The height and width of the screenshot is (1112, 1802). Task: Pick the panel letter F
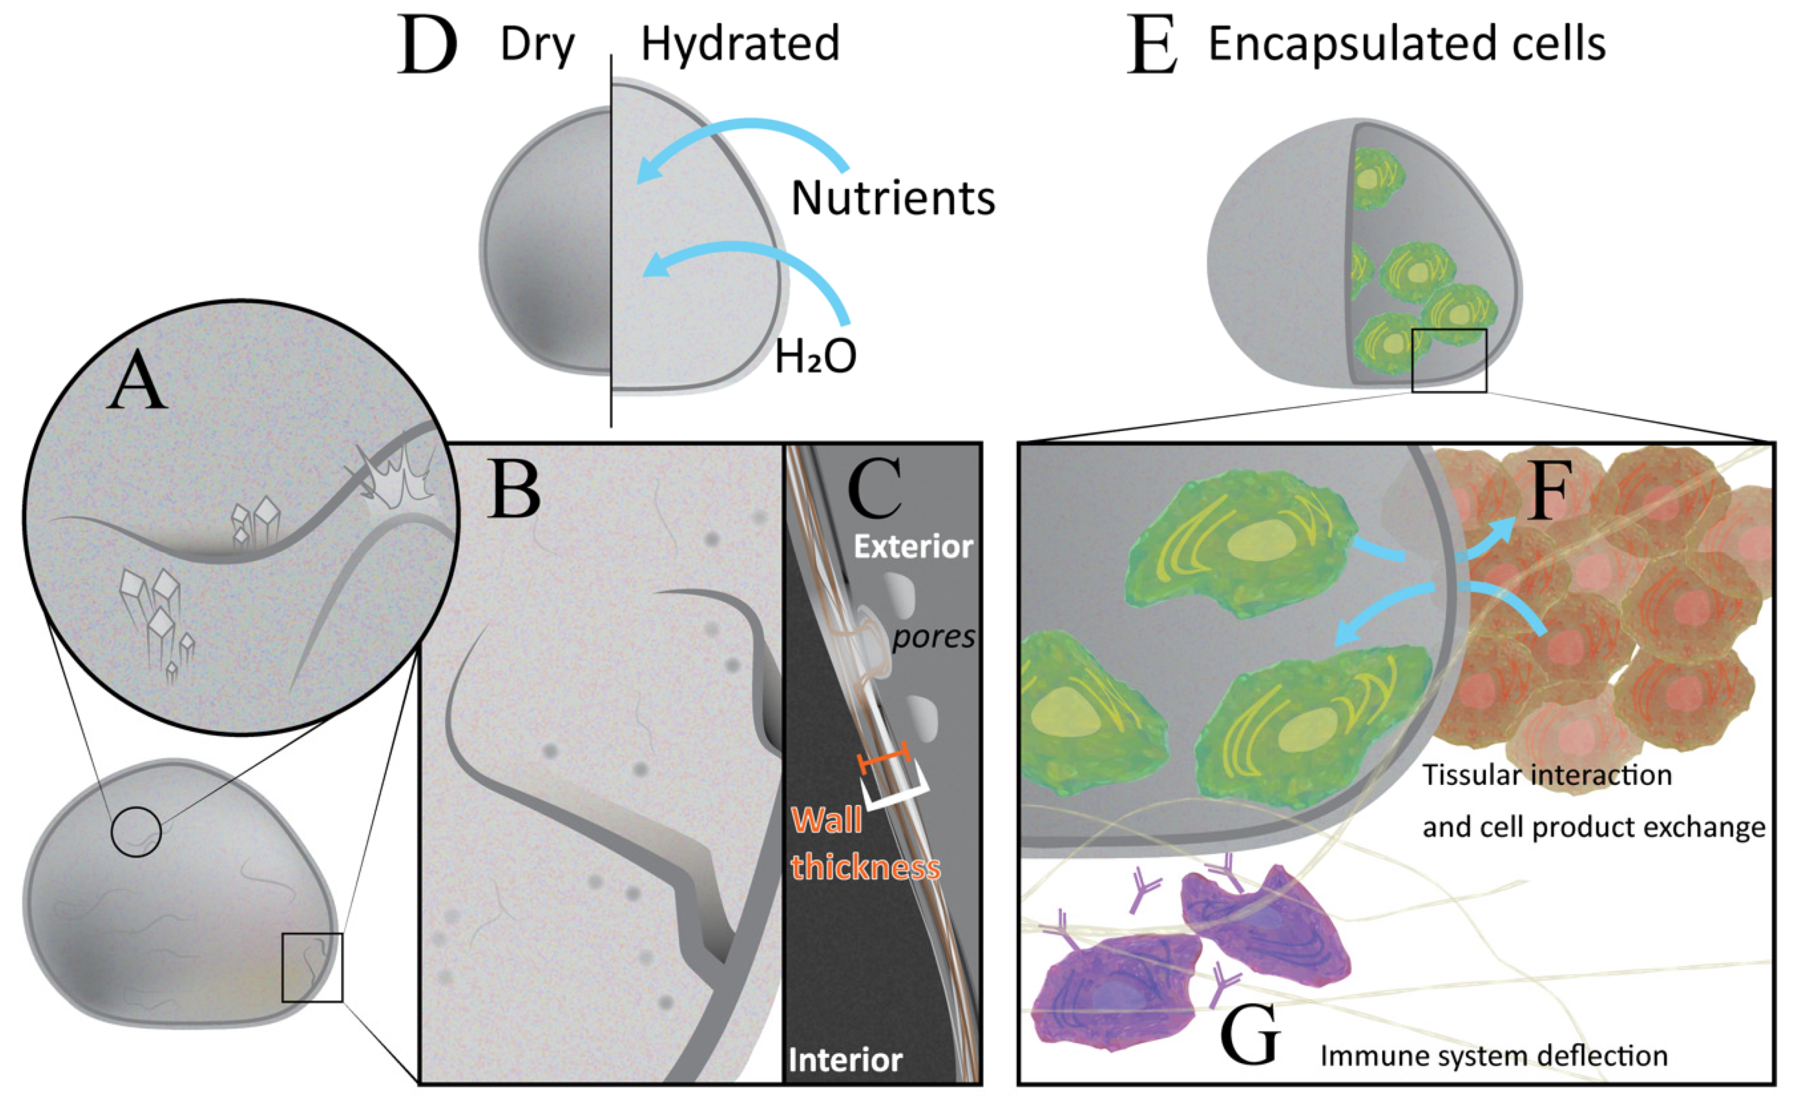[x=1549, y=491]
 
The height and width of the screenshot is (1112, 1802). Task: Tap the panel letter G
[x=1249, y=1038]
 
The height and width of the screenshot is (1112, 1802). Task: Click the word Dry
[x=537, y=44]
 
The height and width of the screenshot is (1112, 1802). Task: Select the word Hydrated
[x=740, y=44]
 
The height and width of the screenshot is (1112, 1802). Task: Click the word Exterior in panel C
[x=913, y=547]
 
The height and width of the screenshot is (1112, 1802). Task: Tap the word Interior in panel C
[x=845, y=1060]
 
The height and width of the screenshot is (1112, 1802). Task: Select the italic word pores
[x=934, y=637]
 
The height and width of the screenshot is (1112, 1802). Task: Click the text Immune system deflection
[x=1494, y=1056]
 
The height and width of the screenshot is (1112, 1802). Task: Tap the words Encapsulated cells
[x=1407, y=44]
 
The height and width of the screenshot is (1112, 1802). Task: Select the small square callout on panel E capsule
[x=1449, y=360]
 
